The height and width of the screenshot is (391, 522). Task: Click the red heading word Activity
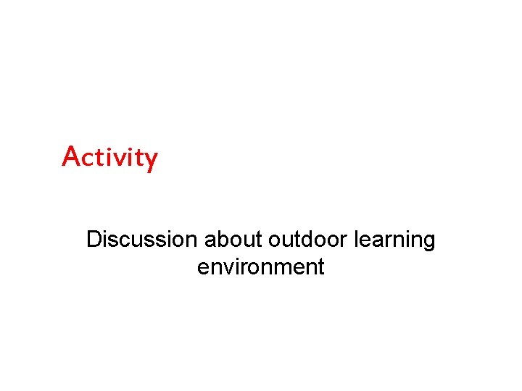click(109, 156)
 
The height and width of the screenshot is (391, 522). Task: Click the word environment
click(260, 267)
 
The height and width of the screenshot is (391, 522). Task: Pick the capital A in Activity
click(71, 155)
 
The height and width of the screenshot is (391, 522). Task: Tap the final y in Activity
click(150, 159)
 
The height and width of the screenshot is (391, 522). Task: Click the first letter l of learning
click(356, 240)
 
